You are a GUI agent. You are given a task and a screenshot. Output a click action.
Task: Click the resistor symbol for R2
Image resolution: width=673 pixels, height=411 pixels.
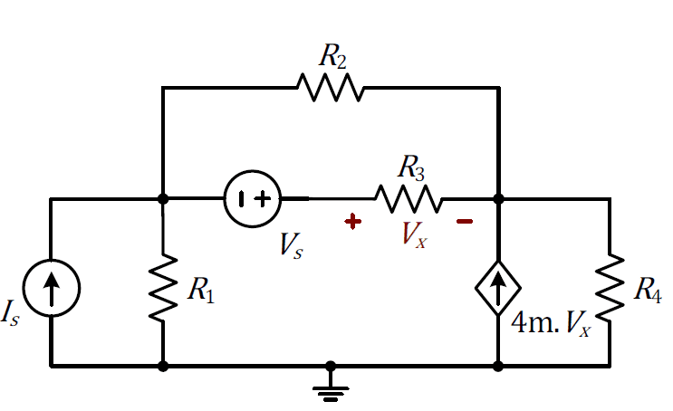coord(330,88)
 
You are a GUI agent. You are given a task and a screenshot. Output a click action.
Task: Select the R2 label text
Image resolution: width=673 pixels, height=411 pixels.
coord(332,56)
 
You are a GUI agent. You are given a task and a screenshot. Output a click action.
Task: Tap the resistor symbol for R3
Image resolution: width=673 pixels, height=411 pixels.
coord(409,198)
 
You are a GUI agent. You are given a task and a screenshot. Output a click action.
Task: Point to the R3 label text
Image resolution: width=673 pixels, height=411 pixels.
coord(412,167)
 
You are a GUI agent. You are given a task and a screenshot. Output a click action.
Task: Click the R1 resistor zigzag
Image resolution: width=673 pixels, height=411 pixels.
coord(162,289)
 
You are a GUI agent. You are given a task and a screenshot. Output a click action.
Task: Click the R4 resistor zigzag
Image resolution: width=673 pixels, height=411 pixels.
coord(609,288)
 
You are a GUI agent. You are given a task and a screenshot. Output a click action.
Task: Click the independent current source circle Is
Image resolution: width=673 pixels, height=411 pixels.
coord(51,288)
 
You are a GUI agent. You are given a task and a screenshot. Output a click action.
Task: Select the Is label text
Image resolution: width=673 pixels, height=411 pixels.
coord(11,315)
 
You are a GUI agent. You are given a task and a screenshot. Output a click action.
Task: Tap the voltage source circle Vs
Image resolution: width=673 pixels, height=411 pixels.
coord(253,198)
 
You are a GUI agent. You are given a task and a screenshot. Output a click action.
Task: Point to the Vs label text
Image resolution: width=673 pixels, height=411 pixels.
coord(291,244)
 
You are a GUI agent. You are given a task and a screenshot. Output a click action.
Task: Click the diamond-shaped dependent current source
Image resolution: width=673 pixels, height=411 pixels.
coord(498,289)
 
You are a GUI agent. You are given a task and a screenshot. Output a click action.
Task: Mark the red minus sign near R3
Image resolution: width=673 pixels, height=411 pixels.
coord(464,220)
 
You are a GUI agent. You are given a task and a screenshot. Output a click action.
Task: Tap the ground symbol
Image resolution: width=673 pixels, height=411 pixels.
coord(331,387)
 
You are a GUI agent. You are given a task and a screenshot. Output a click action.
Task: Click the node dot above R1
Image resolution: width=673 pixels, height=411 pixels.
coord(162,198)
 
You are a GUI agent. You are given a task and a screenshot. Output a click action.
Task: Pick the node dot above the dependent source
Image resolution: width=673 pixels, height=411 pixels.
coord(498,198)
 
